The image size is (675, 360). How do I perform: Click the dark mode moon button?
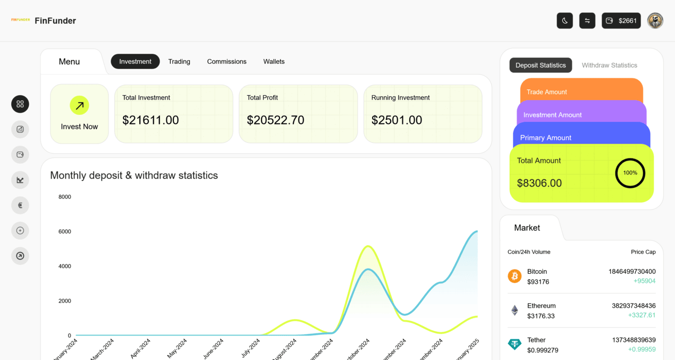[564, 21]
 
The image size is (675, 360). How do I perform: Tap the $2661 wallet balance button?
[621, 21]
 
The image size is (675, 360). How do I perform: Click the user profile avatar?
[655, 21]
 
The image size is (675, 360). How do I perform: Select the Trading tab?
[179, 62]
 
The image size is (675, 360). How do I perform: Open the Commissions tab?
[226, 62]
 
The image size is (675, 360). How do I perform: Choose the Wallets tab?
[274, 62]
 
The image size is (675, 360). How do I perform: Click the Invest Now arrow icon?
[79, 105]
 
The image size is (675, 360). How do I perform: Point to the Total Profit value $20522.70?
[275, 120]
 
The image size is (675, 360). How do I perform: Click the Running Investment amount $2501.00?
[396, 120]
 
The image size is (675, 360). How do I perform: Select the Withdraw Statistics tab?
[609, 65]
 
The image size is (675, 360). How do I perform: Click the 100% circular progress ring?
[630, 173]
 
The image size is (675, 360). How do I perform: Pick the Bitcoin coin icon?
[514, 276]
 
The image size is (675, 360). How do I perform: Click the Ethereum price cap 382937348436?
[634, 306]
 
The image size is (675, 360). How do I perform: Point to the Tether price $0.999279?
[542, 350]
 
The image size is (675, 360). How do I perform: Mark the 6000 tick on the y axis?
[64, 231]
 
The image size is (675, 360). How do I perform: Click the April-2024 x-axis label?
[140, 349]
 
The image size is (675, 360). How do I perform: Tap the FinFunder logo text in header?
[55, 21]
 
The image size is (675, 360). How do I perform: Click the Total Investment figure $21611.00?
[150, 120]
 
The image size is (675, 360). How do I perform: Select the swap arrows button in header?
[587, 21]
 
